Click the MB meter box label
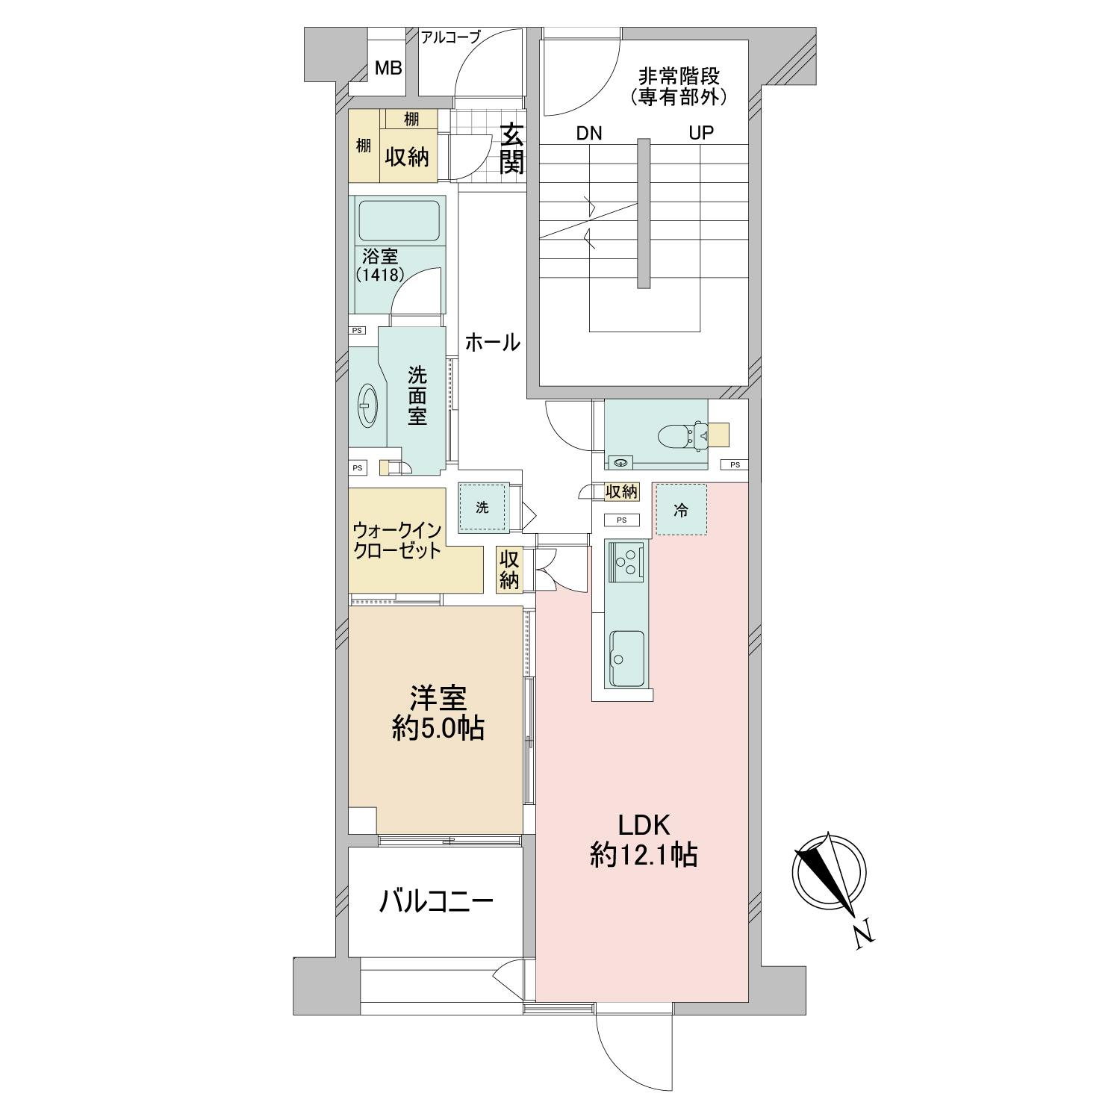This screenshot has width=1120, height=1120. pyautogui.click(x=388, y=69)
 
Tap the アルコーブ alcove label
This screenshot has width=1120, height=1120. pyautogui.click(x=451, y=37)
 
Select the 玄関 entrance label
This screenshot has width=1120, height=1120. pyautogui.click(x=512, y=148)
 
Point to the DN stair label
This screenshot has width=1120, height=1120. pyautogui.click(x=589, y=134)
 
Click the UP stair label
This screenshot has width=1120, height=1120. pyautogui.click(x=701, y=133)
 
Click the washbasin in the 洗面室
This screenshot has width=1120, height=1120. pyautogui.click(x=368, y=405)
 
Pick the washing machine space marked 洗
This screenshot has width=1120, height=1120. pyautogui.click(x=483, y=508)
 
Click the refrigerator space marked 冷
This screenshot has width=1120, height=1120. pyautogui.click(x=681, y=510)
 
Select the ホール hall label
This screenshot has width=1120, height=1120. pyautogui.click(x=493, y=343)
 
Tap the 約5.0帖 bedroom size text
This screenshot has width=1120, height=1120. pyautogui.click(x=438, y=727)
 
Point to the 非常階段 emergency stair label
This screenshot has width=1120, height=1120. pyautogui.click(x=679, y=76)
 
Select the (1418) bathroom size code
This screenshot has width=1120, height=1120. pyautogui.click(x=380, y=275)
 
